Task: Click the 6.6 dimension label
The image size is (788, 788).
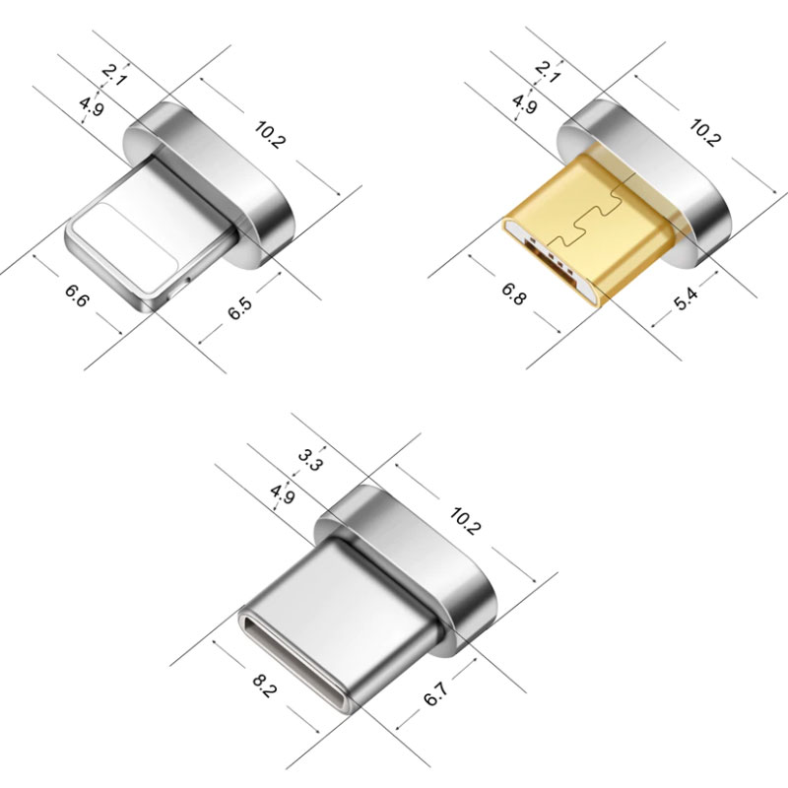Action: tap(77, 295)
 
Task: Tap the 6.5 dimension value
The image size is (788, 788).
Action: tap(240, 308)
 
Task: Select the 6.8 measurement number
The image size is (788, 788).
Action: tap(513, 294)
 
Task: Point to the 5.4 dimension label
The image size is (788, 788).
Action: tap(686, 298)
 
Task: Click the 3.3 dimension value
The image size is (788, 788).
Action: tap(309, 460)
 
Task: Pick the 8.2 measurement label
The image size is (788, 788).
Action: tap(264, 686)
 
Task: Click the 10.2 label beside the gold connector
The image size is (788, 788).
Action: tap(705, 133)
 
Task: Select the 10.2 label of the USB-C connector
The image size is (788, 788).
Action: tap(465, 521)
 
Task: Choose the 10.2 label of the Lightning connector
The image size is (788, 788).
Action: tap(270, 135)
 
